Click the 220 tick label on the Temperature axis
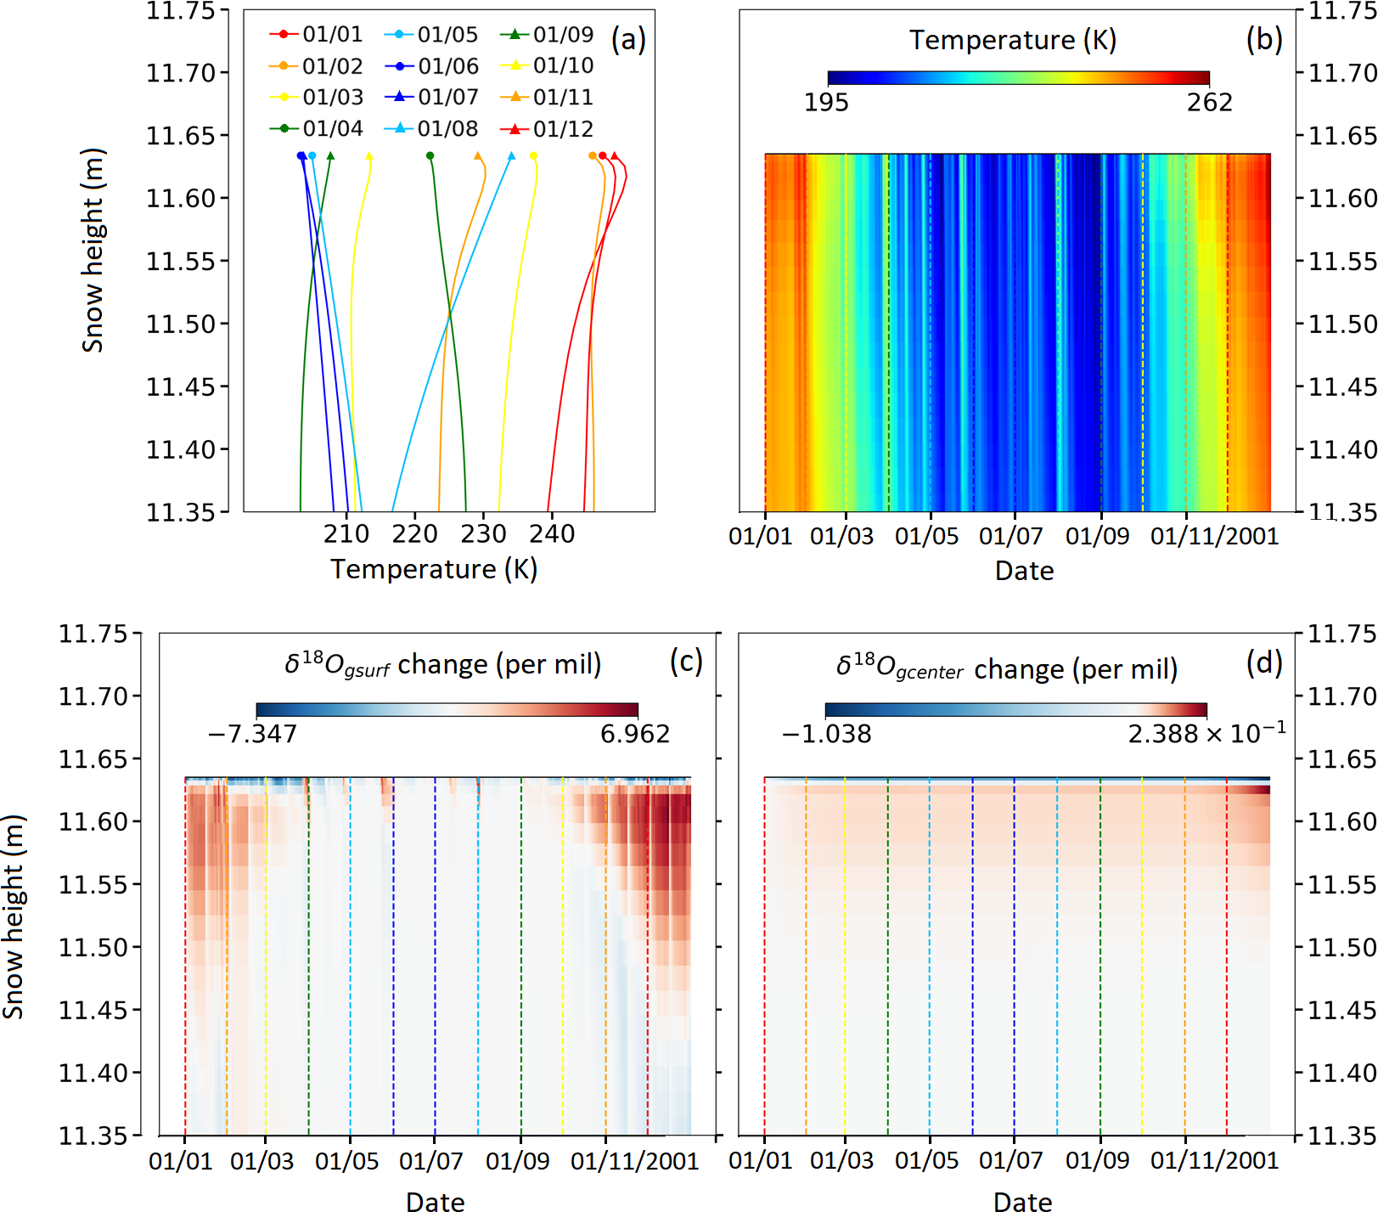414,533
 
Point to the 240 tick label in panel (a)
552,533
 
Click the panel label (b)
1263,39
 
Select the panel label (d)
1263,662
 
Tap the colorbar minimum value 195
826,102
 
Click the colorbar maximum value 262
1209,102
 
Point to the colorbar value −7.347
253,733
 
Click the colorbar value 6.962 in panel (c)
635,733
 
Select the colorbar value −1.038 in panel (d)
826,733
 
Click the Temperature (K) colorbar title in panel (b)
1013,40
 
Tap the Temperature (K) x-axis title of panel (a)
434,569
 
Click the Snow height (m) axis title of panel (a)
93,251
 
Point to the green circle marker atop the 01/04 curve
430,155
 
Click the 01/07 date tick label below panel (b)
1010,536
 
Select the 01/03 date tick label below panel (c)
262,1161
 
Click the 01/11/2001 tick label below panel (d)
1214,1160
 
